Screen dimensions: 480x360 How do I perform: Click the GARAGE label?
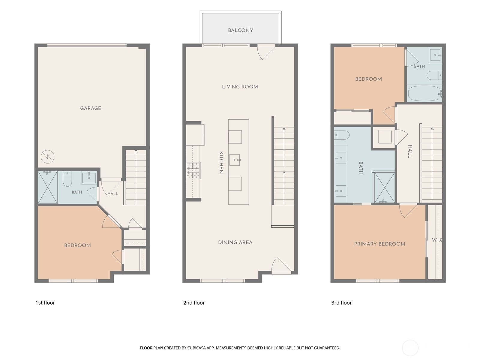click(x=91, y=108)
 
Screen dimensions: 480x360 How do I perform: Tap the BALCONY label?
click(x=241, y=30)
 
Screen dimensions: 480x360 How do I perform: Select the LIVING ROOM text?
click(x=240, y=87)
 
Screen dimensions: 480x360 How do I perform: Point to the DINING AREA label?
click(x=235, y=242)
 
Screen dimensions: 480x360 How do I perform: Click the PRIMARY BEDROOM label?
click(x=379, y=244)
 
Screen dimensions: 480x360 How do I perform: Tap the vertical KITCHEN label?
click(x=221, y=162)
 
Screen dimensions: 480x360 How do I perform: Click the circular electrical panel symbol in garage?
click(x=47, y=157)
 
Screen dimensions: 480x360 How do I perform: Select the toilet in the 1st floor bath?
click(x=67, y=178)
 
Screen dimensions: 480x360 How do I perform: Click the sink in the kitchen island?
click(x=235, y=160)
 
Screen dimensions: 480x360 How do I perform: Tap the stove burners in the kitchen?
click(x=193, y=170)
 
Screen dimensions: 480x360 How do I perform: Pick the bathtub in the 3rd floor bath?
click(x=424, y=93)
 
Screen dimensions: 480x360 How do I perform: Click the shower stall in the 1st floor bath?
click(x=48, y=187)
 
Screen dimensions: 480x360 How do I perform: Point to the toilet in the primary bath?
click(x=342, y=135)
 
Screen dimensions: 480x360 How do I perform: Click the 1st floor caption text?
click(x=45, y=303)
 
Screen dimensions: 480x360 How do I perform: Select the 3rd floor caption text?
click(x=341, y=303)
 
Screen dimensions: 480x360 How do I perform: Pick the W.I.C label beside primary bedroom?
click(x=437, y=240)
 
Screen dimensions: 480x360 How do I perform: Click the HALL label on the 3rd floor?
click(x=410, y=151)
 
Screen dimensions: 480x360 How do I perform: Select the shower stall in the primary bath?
click(x=384, y=187)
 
